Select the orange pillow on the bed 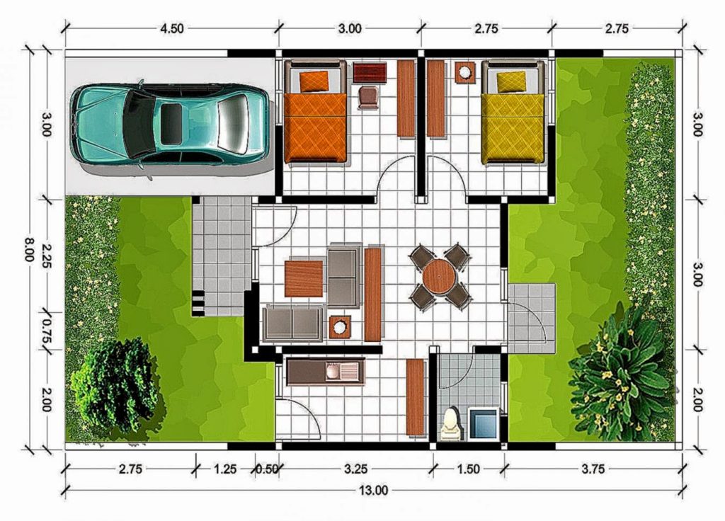tap(314, 81)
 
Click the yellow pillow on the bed tap(510, 81)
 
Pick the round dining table tap(440, 276)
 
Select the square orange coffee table tap(304, 278)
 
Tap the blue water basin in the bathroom tap(484, 421)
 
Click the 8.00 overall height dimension tap(29, 249)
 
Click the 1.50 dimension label tap(468, 469)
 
